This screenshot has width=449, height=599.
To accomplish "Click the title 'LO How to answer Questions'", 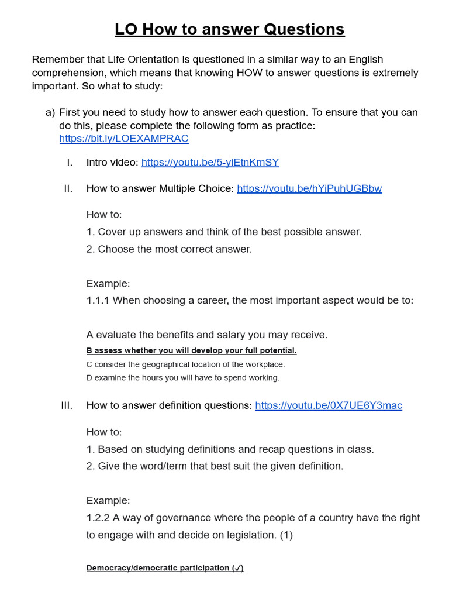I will [230, 29].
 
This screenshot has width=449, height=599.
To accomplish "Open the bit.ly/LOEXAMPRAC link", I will [124, 139].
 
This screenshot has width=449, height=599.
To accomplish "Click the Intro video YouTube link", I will [210, 163].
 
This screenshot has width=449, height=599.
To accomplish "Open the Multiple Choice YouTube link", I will [309, 188].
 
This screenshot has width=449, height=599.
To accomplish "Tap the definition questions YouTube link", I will [329, 405].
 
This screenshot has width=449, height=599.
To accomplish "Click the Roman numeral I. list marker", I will [70, 163].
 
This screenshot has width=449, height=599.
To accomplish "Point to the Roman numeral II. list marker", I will [68, 188].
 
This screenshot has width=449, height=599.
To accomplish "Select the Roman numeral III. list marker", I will [66, 405].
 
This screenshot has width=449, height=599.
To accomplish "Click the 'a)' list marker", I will [50, 112].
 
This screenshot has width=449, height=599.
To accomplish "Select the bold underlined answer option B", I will [191, 350].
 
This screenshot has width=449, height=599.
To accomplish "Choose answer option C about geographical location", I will [185, 364].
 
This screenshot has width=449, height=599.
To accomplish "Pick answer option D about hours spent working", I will [182, 378].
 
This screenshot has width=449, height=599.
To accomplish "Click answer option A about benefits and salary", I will [207, 335].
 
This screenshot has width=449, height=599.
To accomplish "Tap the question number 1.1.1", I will [98, 300].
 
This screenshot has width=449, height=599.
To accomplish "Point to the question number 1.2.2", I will [98, 518].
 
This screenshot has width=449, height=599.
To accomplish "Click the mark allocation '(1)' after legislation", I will [285, 535].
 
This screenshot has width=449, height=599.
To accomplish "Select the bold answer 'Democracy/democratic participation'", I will [164, 568].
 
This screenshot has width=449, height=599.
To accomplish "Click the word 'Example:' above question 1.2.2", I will [108, 501].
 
